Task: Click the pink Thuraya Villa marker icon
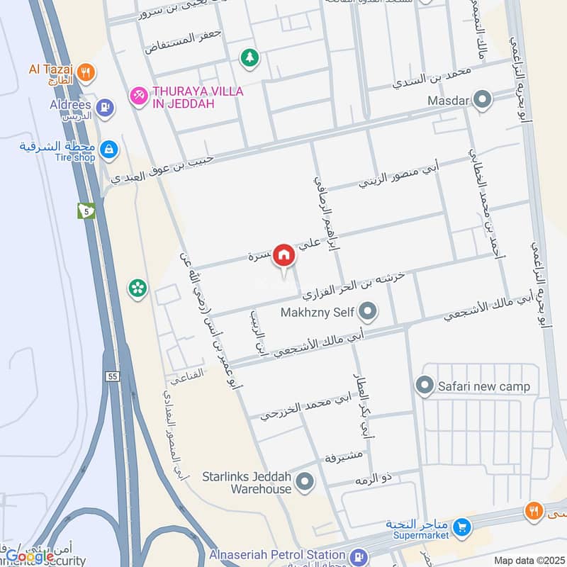pos(137,94)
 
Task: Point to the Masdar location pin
pos(483,100)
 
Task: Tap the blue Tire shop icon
pos(109,149)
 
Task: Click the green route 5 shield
pos(86,210)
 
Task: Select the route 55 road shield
pos(113,376)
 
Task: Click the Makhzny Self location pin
pos(367,310)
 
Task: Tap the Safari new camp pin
pos(425,386)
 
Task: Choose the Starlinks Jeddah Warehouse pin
pos(305,483)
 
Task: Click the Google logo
pos(30,556)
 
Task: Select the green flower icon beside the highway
pos(137,288)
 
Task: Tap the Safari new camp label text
pos(484,387)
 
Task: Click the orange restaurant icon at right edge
pos(534,510)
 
